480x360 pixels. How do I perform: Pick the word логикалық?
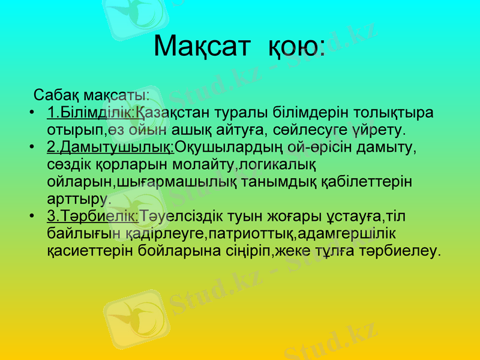(x=283, y=164)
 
